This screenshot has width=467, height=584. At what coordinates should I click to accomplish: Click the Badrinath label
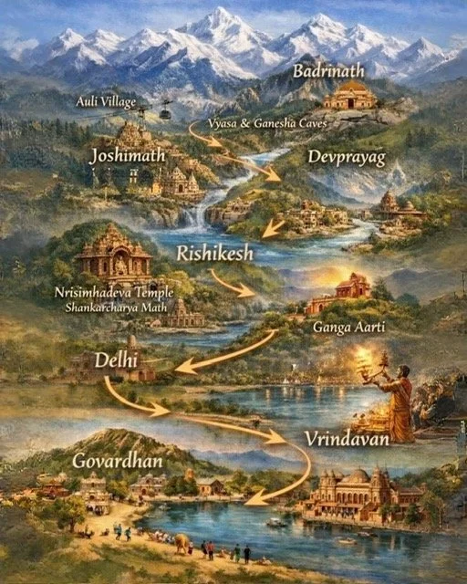(327, 71)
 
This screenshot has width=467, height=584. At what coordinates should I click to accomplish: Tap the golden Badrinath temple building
(350, 96)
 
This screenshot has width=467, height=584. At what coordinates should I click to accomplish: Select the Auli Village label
(107, 100)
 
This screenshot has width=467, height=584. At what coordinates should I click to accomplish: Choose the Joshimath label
(128, 156)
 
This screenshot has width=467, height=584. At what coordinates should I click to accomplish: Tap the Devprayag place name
(346, 158)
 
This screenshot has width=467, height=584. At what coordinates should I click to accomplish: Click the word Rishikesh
(214, 253)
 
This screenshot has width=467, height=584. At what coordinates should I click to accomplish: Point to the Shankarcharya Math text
(113, 308)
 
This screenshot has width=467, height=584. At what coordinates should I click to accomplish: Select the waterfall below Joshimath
(192, 220)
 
